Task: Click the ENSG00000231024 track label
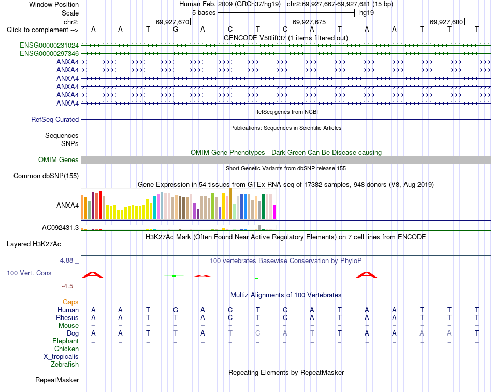pyautogui.click(x=49, y=46)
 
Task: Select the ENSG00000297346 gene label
pyautogui.click(x=49, y=54)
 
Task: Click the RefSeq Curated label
pyautogui.click(x=55, y=119)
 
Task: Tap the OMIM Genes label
pyautogui.click(x=59, y=159)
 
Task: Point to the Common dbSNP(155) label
pyautogui.click(x=46, y=176)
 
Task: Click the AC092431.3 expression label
pyautogui.click(x=60, y=227)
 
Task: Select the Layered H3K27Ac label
pyautogui.click(x=34, y=244)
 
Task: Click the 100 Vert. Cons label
pyautogui.click(x=29, y=273)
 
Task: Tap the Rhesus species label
pyautogui.click(x=67, y=317)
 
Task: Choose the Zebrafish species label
pyautogui.click(x=65, y=365)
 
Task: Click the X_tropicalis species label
pyautogui.click(x=61, y=357)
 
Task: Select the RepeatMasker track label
pyautogui.click(x=57, y=380)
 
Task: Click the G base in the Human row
pyautogui.click(x=176, y=310)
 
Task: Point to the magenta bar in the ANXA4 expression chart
pyautogui.click(x=274, y=212)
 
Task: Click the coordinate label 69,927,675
pyautogui.click(x=309, y=22)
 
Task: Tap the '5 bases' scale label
pyautogui.click(x=204, y=13)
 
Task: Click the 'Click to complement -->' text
pyautogui.click(x=42, y=30)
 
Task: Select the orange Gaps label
pyautogui.click(x=70, y=302)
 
